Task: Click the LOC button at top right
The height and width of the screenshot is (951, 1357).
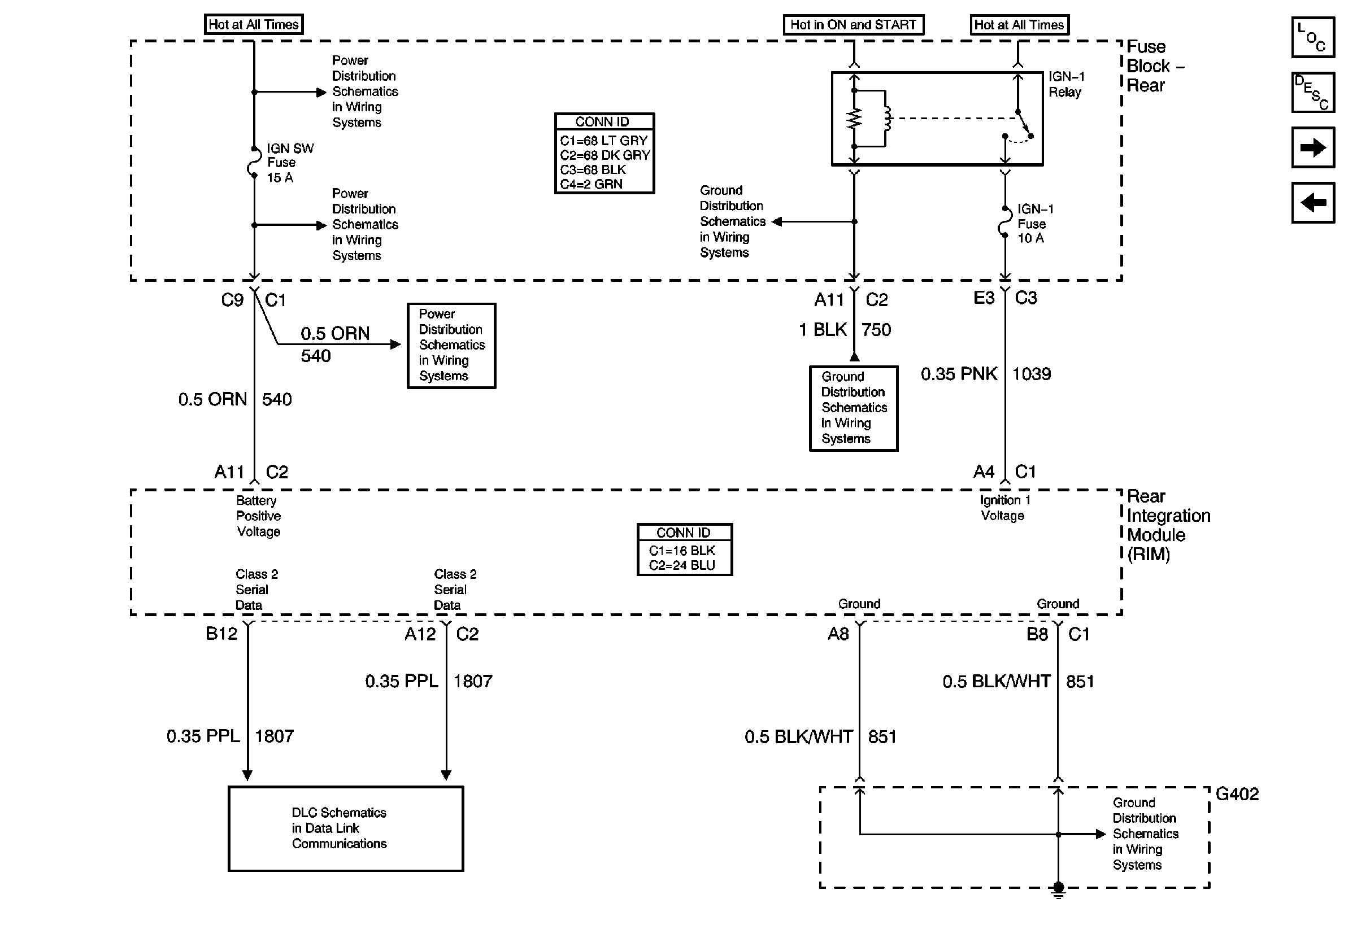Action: (1313, 37)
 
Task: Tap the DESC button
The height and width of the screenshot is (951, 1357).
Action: (1313, 92)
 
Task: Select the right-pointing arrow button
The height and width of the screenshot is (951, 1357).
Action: (1313, 147)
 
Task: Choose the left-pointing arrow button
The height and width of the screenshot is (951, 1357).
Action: (1313, 203)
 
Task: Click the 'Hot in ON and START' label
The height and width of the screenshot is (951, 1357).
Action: (853, 25)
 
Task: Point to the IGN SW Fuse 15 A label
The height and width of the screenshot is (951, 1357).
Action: (290, 163)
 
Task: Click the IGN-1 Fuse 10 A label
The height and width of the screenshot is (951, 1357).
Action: (1034, 224)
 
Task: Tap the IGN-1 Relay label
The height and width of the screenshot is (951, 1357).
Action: (1066, 84)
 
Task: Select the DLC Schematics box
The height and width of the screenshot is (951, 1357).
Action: (346, 828)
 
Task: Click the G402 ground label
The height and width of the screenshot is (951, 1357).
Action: (1237, 794)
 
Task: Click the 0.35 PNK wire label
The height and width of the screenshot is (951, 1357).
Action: (959, 374)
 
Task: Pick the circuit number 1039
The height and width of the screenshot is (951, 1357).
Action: (1032, 374)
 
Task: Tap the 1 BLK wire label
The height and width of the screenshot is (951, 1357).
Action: (823, 330)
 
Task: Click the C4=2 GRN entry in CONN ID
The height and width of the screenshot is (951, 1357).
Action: (591, 184)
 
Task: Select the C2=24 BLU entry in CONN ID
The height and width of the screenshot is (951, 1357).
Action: (681, 565)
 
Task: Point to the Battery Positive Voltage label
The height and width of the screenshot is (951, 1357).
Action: (258, 516)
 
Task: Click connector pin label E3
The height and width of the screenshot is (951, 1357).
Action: (984, 298)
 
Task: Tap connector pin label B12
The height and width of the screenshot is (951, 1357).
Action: (221, 634)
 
